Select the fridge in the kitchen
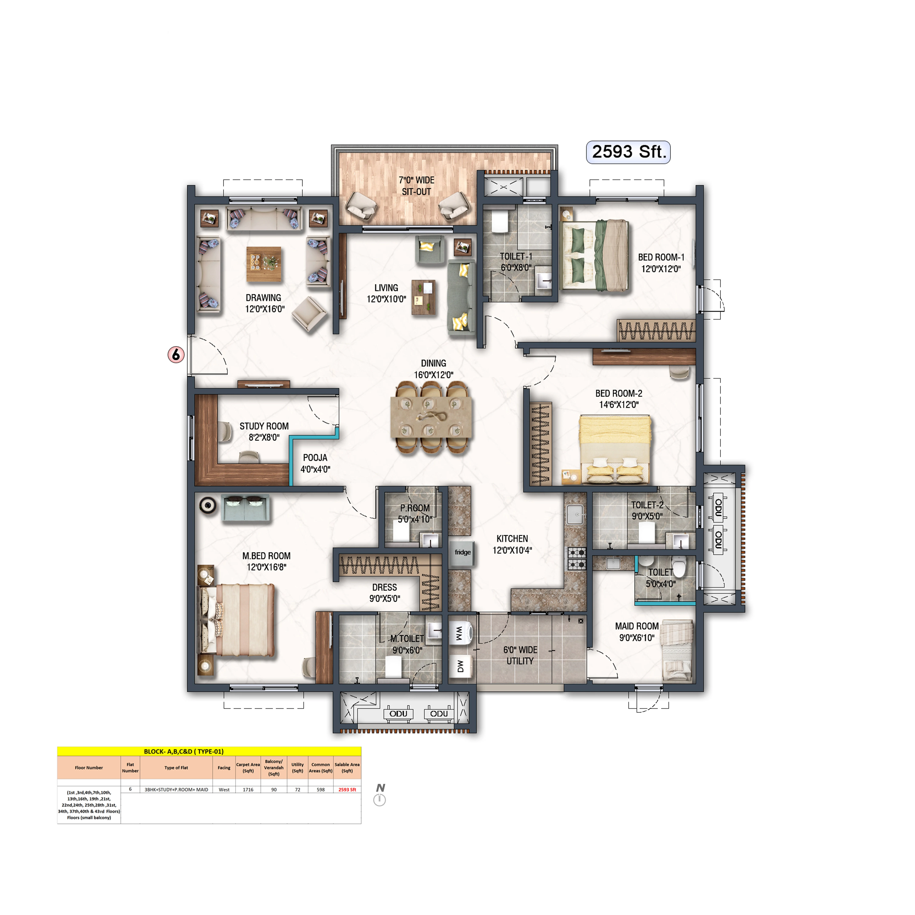(462, 553)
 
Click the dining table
(431, 417)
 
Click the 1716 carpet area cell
(248, 789)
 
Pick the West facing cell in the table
(224, 789)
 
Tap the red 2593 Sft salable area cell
(347, 789)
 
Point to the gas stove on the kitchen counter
(577, 558)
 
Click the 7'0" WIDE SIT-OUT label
(416, 186)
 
